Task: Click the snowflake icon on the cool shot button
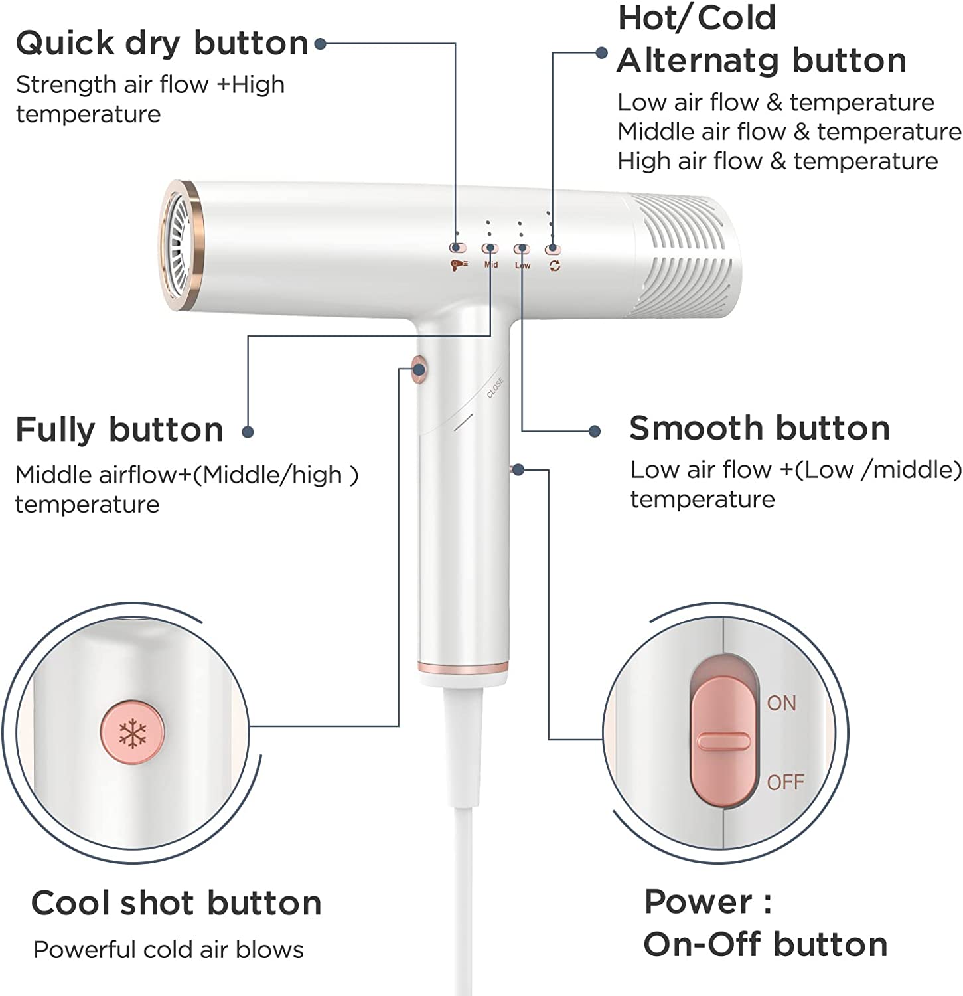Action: [132, 733]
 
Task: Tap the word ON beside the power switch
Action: [781, 703]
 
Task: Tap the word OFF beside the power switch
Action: [785, 782]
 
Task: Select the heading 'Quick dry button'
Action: [162, 44]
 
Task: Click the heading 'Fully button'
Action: [119, 430]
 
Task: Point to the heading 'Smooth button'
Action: [759, 428]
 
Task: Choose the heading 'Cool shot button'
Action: [177, 903]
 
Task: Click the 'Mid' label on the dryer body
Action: [491, 264]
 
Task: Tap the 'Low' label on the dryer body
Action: [523, 266]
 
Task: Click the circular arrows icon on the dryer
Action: [555, 266]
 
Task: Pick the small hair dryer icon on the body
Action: [459, 265]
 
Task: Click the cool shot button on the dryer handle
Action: [419, 369]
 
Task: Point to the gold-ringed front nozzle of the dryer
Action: [181, 245]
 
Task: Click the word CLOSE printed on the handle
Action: [495, 388]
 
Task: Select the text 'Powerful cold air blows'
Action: [169, 950]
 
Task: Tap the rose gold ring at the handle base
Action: [463, 667]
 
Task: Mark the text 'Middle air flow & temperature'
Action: [789, 131]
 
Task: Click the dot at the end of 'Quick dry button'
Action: [320, 44]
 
